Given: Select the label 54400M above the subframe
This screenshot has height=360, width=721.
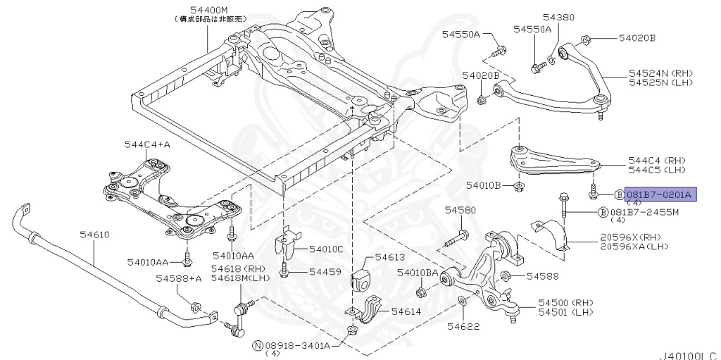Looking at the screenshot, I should coord(208,10).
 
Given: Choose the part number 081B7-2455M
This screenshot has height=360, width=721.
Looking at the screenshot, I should coord(644,212).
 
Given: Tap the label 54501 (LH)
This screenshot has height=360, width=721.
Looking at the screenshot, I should coord(565,311).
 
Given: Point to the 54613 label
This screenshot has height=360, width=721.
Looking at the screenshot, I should coord(390,258).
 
